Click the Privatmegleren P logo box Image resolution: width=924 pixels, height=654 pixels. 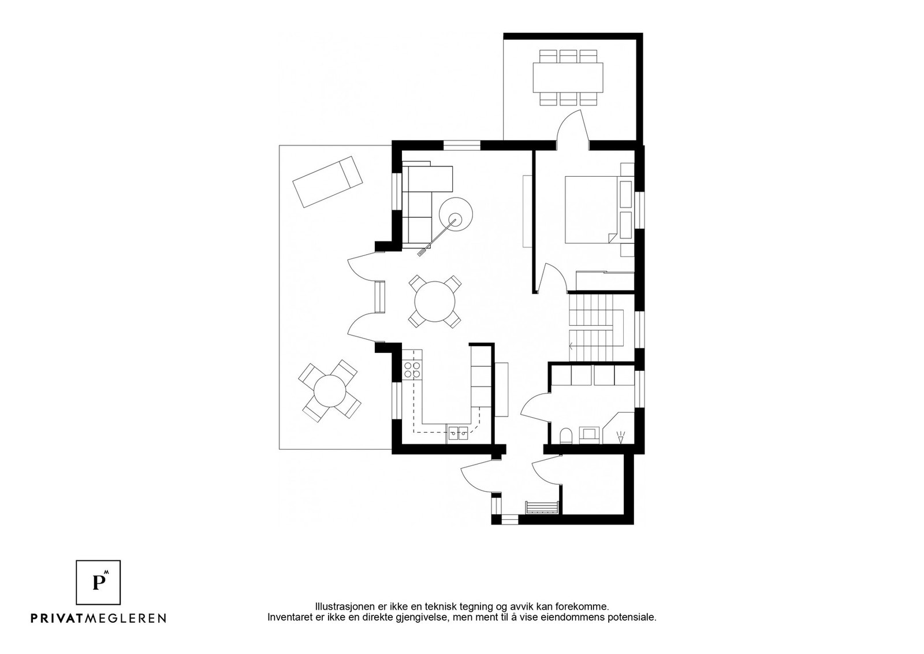tap(98, 582)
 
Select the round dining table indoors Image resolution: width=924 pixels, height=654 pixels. tap(435, 302)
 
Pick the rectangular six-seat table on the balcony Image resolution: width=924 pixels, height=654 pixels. tap(568, 77)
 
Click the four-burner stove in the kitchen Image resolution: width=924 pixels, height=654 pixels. tap(413, 370)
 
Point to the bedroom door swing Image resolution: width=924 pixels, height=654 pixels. tap(549, 276)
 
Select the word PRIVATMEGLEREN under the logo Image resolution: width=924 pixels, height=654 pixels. tap(98, 618)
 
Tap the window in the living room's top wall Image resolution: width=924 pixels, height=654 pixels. tap(461, 145)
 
